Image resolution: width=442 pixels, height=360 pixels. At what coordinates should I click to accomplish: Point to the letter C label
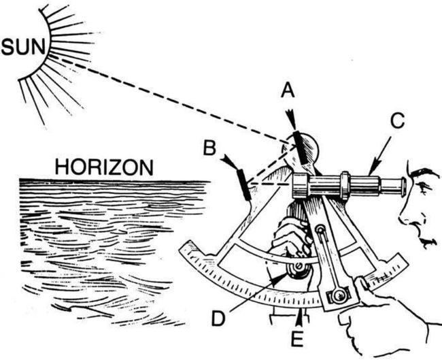click(x=397, y=121)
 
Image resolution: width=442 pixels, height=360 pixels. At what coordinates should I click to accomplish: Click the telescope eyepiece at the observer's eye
click(x=398, y=184)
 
